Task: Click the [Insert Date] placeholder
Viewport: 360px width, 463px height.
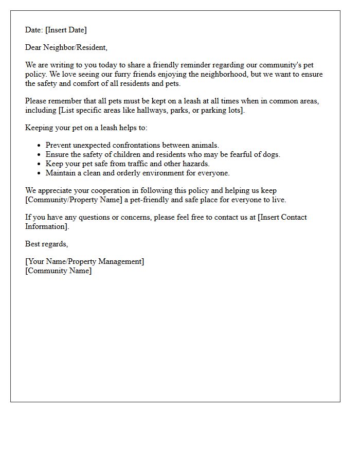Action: pyautogui.click(x=66, y=30)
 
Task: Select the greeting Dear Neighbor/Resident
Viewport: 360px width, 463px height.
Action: pyautogui.click(x=66, y=47)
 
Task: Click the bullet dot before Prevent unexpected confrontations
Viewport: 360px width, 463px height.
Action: pyautogui.click(x=39, y=146)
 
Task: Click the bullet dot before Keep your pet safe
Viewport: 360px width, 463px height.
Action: pyautogui.click(x=39, y=164)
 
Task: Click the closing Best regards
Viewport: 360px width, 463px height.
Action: pyautogui.click(x=46, y=244)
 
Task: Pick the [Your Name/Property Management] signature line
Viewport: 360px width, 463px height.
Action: pyautogui.click(x=84, y=261)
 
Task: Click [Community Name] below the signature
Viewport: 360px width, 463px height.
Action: pyautogui.click(x=58, y=271)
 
